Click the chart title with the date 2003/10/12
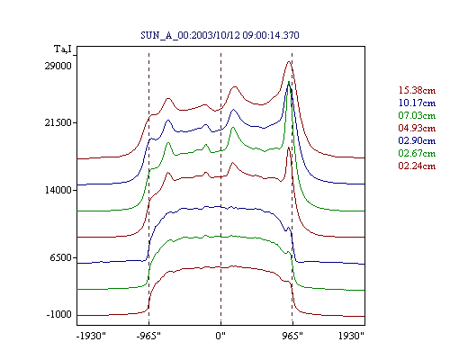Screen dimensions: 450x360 (220, 35)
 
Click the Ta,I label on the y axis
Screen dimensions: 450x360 (63, 49)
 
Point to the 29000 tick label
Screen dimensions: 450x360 (58, 66)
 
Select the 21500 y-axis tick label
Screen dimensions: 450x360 (58, 122)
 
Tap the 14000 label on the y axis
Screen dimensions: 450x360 (58, 190)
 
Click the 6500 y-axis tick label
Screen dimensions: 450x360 (61, 257)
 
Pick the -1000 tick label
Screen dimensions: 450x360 (59, 314)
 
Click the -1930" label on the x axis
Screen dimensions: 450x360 (91, 336)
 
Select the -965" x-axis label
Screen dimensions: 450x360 (148, 336)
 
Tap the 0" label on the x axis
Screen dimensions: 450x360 (220, 336)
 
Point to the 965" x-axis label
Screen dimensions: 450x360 (292, 336)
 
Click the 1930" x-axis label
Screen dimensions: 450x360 (351, 336)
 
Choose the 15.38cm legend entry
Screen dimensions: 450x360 (417, 90)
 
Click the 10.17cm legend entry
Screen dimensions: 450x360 (417, 103)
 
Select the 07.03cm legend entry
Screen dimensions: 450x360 (417, 115)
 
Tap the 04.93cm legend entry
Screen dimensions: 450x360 (417, 128)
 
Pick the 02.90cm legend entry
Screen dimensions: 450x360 (417, 140)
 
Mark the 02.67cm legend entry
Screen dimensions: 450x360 (417, 153)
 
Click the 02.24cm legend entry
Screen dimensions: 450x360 (417, 166)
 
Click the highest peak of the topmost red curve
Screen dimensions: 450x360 (289, 61)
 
